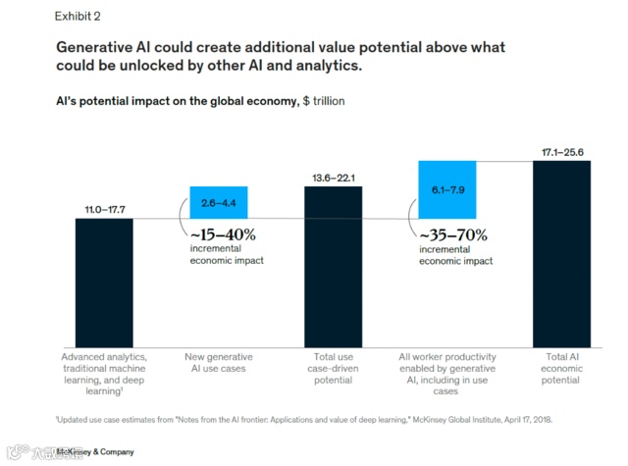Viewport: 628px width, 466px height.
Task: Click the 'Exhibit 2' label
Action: tap(78, 16)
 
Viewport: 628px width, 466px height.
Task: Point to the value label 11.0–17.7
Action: tap(104, 209)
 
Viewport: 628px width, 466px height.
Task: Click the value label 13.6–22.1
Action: tap(334, 177)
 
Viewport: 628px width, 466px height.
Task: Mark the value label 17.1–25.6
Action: tap(562, 152)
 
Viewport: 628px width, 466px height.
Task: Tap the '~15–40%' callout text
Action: tap(224, 234)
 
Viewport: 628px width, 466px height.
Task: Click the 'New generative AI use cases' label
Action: tap(220, 362)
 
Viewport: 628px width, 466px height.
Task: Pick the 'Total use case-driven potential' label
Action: tap(334, 368)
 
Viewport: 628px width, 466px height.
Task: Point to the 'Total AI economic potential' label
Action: tap(562, 368)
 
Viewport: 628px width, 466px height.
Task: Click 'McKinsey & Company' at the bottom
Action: tap(95, 452)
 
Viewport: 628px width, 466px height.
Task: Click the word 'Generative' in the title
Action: tap(106, 47)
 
